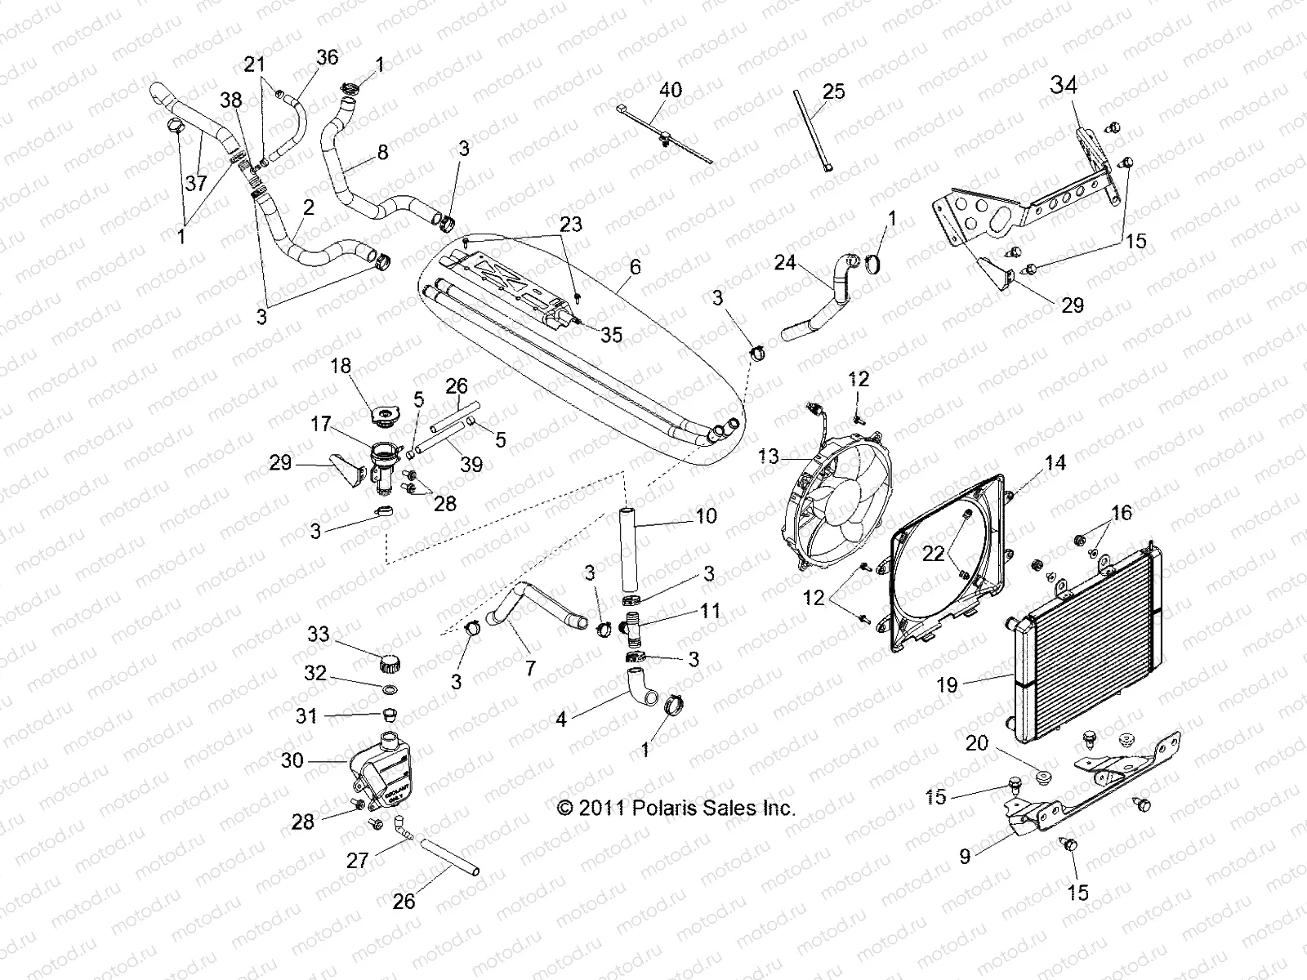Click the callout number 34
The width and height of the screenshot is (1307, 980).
pos(1064,85)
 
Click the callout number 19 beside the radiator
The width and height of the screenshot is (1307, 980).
pos(947,684)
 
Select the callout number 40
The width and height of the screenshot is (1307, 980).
pos(671,89)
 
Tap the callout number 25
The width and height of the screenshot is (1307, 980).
pos(834,91)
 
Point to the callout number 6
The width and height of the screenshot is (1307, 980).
pos(635,266)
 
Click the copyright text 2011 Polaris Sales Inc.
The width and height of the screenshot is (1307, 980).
pos(676,808)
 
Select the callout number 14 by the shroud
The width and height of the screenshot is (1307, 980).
pos(1055,462)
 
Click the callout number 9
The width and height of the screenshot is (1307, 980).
pos(965,857)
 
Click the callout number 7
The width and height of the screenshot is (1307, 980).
pos(530,668)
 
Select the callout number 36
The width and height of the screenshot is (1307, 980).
pos(327,57)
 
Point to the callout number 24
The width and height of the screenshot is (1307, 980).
pos(785,262)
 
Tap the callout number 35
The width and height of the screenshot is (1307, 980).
pos(611,334)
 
